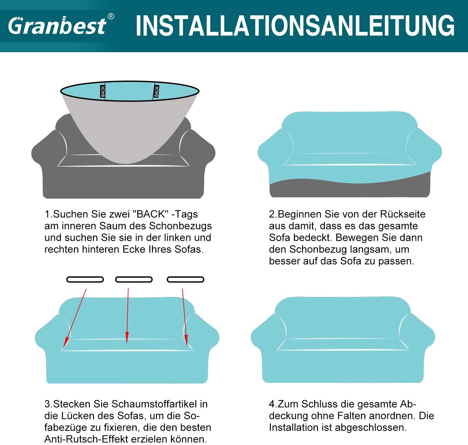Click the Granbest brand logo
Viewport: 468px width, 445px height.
57,26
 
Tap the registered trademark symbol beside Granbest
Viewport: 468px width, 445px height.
111,17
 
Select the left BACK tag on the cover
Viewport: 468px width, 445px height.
103,91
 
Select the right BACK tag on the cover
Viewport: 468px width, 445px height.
156,91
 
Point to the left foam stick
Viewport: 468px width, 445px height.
85,279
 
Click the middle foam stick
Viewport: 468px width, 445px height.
134,279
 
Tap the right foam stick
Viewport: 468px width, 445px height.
185,279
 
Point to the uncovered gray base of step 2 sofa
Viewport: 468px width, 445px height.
349,189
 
